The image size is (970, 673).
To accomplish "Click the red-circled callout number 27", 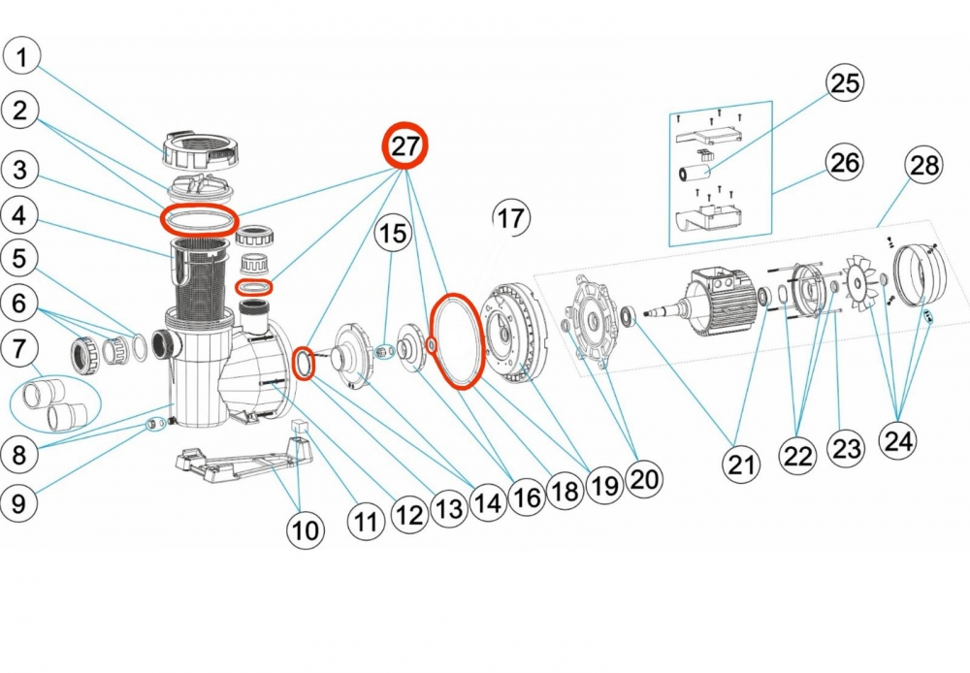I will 404,146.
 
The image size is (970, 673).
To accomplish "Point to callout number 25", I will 845,83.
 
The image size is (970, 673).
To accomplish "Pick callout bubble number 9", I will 22,502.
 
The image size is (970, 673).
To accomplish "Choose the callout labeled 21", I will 742,465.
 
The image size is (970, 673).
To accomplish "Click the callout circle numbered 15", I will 393,233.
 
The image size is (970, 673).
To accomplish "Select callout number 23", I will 845,450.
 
